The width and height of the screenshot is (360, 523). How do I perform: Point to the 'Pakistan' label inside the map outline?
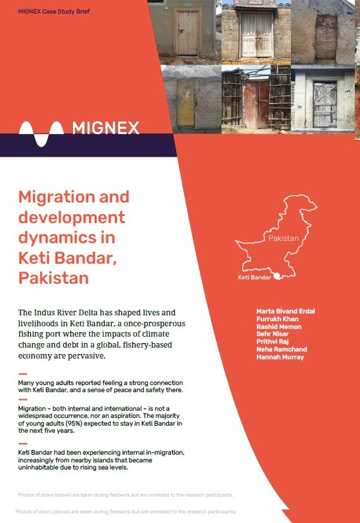point(283,239)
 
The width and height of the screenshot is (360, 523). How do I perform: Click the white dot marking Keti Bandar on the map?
point(277,276)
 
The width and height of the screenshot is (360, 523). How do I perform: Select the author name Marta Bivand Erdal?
point(286,311)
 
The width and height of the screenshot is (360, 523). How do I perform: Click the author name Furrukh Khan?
point(278,319)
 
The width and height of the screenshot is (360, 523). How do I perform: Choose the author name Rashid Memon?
point(279,326)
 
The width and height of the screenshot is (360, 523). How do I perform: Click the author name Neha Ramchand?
point(281,350)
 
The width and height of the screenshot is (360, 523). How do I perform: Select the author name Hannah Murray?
point(280,357)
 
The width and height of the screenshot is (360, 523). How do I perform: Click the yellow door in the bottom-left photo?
point(186,102)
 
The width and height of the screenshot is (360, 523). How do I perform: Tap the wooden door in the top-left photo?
point(188,32)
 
